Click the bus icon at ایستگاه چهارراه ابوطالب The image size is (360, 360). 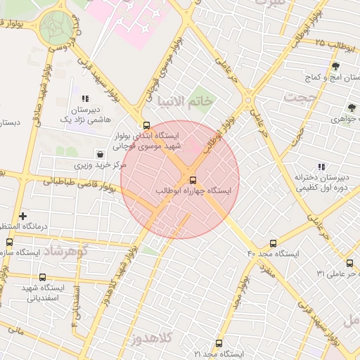(193, 179)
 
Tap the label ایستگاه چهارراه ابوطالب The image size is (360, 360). (196, 191)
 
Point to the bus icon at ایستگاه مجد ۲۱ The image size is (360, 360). (219, 344)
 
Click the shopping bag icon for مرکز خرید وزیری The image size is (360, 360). (100, 154)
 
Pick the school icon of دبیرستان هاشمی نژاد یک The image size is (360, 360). (85, 99)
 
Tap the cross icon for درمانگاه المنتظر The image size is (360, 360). (23, 216)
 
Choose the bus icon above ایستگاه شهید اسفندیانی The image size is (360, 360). (43, 277)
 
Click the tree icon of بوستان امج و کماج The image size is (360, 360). (335, 65)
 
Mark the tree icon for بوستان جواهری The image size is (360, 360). (352, 108)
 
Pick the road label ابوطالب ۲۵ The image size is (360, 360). (336, 44)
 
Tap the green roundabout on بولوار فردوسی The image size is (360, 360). (55, 26)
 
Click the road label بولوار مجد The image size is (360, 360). (238, 288)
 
